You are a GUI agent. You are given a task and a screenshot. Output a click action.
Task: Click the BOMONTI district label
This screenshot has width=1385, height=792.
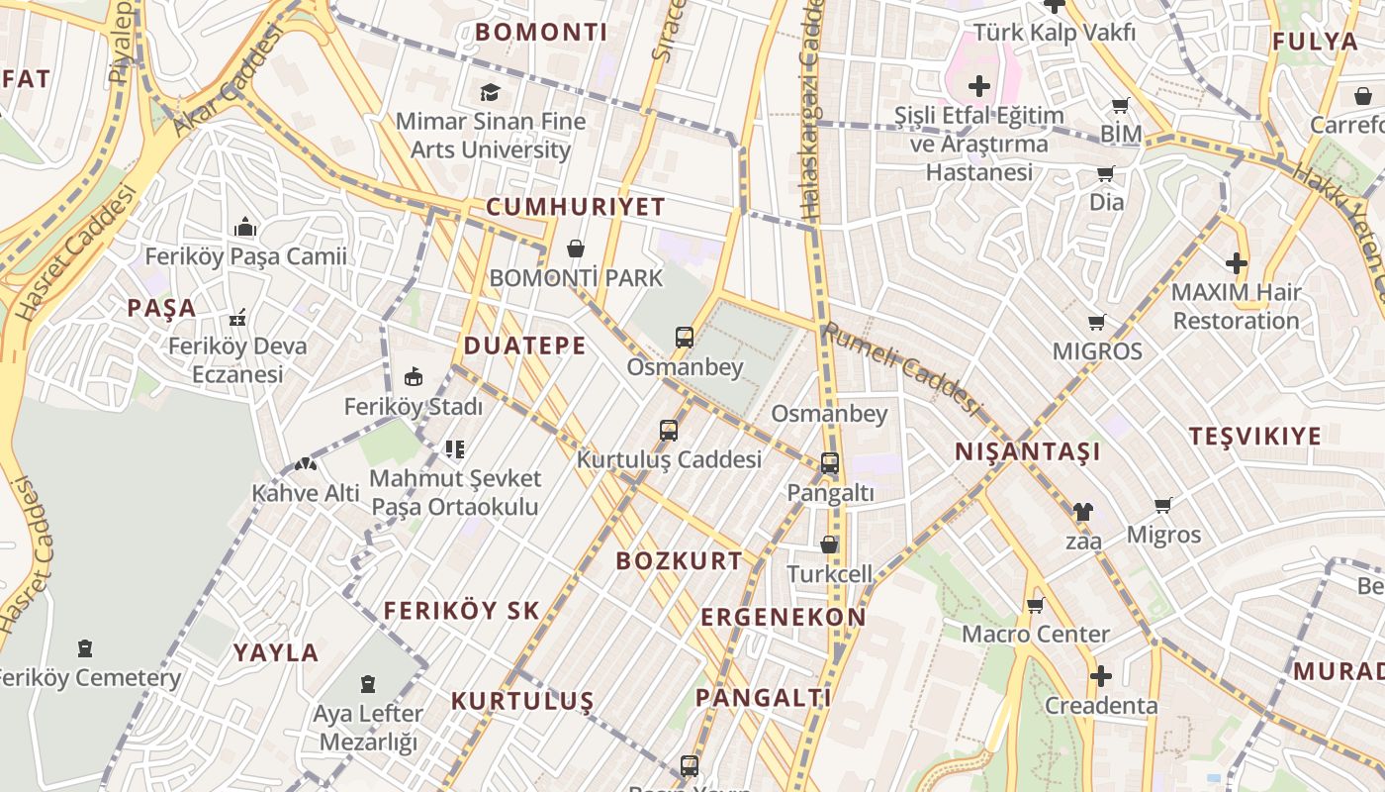tap(541, 32)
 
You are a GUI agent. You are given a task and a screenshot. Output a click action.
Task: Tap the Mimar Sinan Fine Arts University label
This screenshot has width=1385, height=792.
tap(491, 136)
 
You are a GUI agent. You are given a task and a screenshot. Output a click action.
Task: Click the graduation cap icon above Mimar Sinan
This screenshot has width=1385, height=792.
tap(490, 92)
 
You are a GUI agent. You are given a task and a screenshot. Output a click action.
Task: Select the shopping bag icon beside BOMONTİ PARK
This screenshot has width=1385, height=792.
tap(576, 248)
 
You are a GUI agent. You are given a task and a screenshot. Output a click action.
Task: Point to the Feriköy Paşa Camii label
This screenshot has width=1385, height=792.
tap(245, 256)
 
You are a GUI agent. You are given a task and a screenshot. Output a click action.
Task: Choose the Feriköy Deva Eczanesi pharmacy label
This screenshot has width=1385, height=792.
tap(237, 360)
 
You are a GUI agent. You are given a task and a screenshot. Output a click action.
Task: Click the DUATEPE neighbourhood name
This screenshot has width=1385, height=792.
tap(524, 346)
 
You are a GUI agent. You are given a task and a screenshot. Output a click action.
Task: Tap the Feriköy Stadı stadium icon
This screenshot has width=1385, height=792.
tap(414, 377)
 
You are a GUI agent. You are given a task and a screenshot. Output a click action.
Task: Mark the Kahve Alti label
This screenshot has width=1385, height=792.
tap(299, 493)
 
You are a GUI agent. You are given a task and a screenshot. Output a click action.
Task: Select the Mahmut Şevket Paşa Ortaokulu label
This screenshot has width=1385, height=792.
tap(455, 493)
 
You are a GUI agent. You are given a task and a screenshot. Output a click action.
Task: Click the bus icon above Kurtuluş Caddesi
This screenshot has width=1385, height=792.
tap(669, 431)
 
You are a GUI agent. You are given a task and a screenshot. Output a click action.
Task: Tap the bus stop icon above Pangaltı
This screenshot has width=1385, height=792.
tap(829, 462)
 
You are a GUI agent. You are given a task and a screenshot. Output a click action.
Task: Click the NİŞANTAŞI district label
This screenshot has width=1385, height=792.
tap(1027, 452)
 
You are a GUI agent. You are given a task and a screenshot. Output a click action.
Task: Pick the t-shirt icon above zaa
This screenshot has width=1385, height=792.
tap(1082, 512)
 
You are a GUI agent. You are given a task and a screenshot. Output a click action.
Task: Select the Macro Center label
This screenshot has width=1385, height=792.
tap(1035, 634)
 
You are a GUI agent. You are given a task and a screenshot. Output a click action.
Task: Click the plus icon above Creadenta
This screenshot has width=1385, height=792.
tap(1100, 676)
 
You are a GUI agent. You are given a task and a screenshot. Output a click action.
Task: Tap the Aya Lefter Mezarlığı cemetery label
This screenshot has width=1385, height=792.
tap(368, 728)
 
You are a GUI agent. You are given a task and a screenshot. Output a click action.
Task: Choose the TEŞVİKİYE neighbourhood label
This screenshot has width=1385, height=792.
tap(1254, 437)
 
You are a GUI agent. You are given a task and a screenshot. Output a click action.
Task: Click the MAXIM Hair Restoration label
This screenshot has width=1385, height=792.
tap(1236, 307)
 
